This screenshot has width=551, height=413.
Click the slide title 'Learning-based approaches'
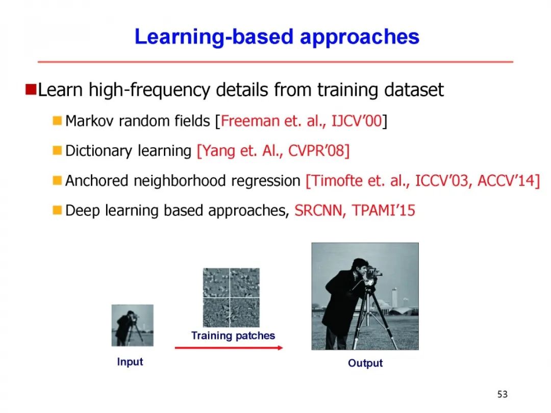[x=277, y=37]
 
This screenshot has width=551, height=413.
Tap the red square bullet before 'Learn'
[x=31, y=90]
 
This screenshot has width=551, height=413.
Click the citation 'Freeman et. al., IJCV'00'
[x=301, y=121]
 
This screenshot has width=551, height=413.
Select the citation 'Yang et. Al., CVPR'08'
[x=273, y=151]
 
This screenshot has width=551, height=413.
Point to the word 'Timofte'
[x=337, y=181]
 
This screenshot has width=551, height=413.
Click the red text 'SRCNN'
[x=318, y=211]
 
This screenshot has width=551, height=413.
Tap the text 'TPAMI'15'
[x=383, y=211]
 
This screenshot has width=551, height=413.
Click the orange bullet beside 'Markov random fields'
[x=57, y=121]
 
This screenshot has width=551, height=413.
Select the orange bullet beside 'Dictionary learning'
[x=57, y=150]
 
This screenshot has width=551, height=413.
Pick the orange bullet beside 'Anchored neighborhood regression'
[x=57, y=180]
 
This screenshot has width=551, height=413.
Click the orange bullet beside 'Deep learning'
[x=57, y=211]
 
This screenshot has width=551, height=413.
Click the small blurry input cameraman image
[x=133, y=325]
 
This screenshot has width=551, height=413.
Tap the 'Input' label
[x=130, y=362]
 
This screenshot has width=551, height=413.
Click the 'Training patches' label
[x=233, y=335]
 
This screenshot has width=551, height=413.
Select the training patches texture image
[x=231, y=298]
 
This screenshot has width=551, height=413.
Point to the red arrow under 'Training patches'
[x=229, y=348]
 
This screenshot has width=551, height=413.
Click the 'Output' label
[x=365, y=363]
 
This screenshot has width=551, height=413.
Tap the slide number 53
[x=503, y=394]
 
